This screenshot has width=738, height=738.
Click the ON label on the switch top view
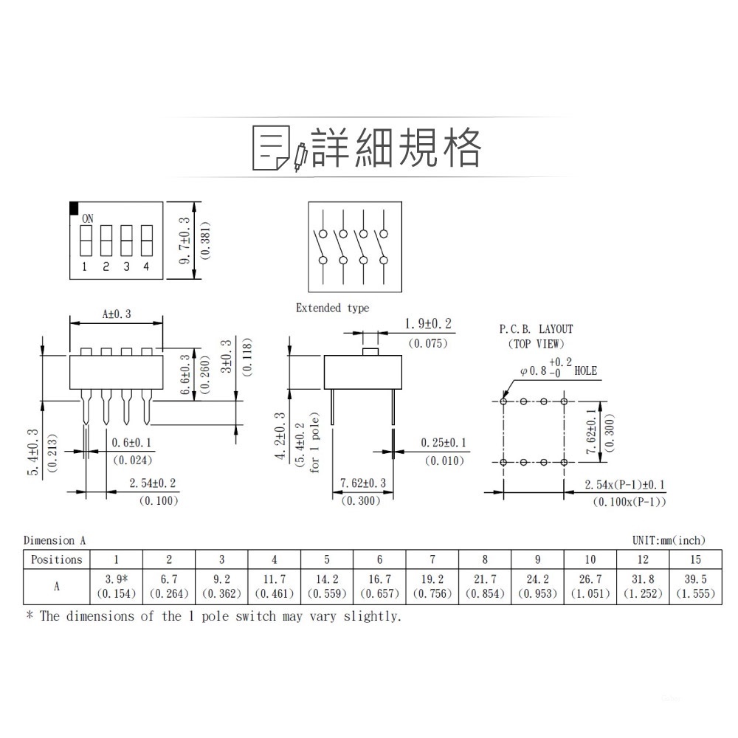88,218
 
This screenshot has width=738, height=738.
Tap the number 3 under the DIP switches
126,266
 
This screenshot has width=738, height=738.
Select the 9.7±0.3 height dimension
184,241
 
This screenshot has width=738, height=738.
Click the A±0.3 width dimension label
117,314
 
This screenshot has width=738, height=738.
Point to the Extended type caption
332,308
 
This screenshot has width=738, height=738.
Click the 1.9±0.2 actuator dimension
428,324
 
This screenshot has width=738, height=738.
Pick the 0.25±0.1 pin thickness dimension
444,443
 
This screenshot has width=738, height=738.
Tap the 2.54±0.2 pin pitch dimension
153,483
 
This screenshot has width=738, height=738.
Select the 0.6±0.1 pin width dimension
131,443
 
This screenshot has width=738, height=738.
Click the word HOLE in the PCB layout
585,371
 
